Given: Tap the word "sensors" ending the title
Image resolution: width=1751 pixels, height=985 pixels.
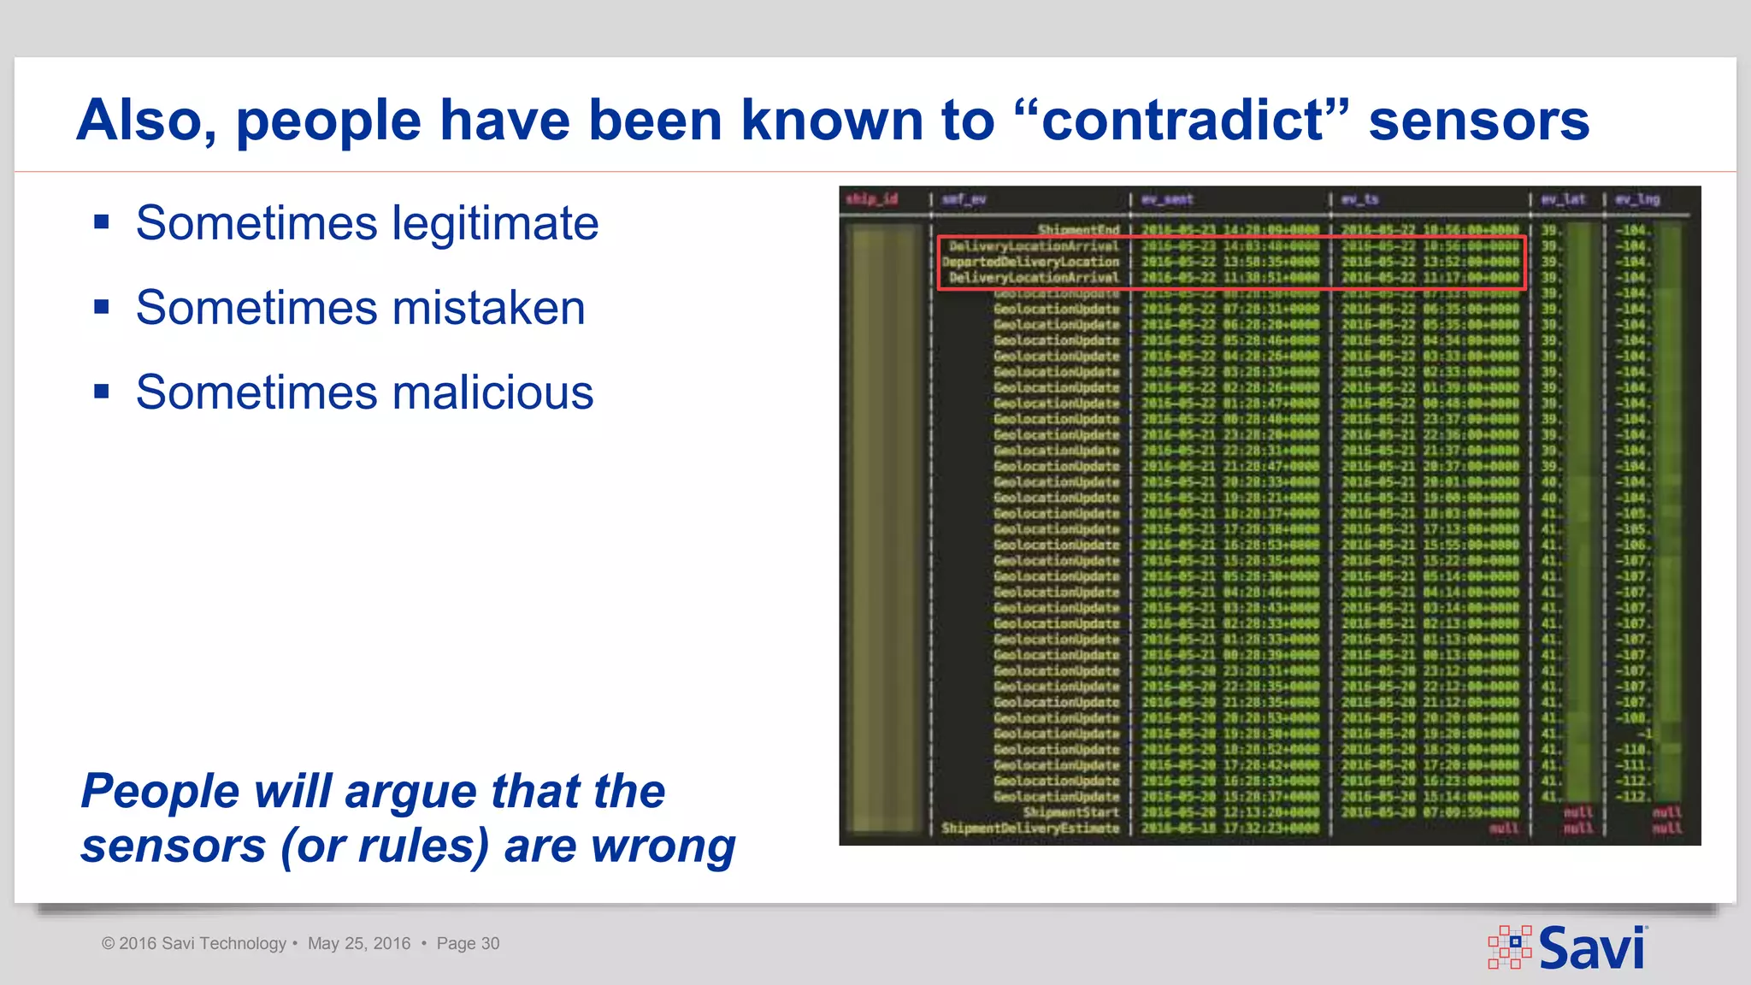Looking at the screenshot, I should [x=1479, y=120].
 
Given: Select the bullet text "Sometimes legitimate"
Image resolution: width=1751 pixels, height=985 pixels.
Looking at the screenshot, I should [x=367, y=223].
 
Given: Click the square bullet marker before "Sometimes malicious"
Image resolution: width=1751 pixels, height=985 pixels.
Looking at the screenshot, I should [x=102, y=392].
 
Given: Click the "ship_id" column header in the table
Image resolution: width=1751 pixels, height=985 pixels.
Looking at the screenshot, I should [x=871, y=199].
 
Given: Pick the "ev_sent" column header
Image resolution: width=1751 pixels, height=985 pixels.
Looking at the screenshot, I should [x=1167, y=199].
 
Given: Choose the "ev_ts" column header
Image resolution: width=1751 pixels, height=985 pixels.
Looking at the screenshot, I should [x=1359, y=199].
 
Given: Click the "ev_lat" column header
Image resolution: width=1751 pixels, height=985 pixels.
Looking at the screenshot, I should [x=1563, y=199].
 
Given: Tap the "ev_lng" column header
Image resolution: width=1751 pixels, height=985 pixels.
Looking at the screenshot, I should [x=1637, y=199].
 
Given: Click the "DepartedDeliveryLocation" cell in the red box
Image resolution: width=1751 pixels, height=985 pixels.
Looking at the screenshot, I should [x=1030, y=262].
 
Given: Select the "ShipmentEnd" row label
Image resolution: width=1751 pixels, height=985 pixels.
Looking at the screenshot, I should [x=1078, y=230].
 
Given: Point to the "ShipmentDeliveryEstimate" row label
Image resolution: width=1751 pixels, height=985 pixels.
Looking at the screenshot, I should [x=1030, y=828].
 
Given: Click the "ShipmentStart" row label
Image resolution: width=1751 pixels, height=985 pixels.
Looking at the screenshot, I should [x=1070, y=812].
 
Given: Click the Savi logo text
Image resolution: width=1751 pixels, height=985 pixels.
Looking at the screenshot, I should [x=1591, y=948].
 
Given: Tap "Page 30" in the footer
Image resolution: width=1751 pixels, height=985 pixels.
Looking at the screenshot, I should [x=468, y=943].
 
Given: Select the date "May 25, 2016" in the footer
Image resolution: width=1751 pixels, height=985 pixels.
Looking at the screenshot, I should [x=359, y=943].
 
